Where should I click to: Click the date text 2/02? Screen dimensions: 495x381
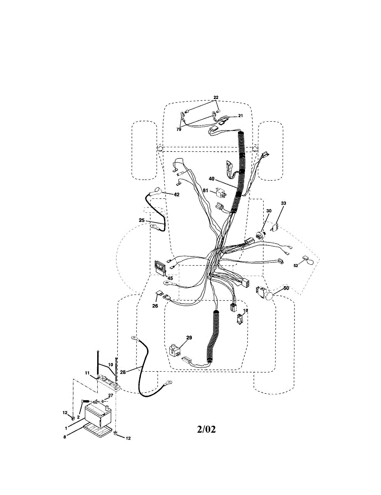[206, 429]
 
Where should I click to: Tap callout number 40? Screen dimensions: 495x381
[211, 179]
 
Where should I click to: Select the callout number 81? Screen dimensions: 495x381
[205, 190]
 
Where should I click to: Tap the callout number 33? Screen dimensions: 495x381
[283, 203]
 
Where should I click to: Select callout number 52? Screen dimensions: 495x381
[296, 266]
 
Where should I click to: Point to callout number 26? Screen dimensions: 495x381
[155, 306]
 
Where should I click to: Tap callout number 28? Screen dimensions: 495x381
[123, 371]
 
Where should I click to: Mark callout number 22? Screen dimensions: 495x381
[216, 97]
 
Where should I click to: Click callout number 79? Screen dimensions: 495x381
[179, 129]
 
